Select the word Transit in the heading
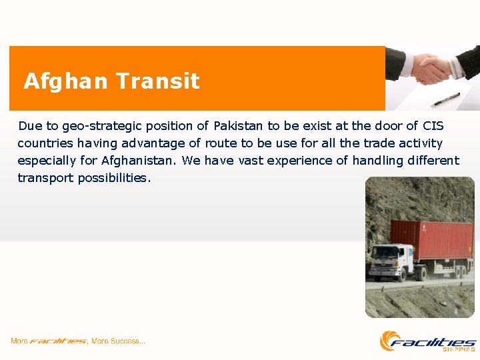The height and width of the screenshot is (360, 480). tap(157, 81)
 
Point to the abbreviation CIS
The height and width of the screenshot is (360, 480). tap(433, 126)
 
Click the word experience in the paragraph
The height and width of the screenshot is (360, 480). tap(303, 161)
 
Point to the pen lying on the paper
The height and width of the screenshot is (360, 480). tap(445, 99)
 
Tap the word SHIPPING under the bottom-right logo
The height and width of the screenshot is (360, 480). tap(461, 349)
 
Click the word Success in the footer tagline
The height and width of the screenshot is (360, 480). tap(126, 341)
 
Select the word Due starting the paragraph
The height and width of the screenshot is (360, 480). tap(29, 126)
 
